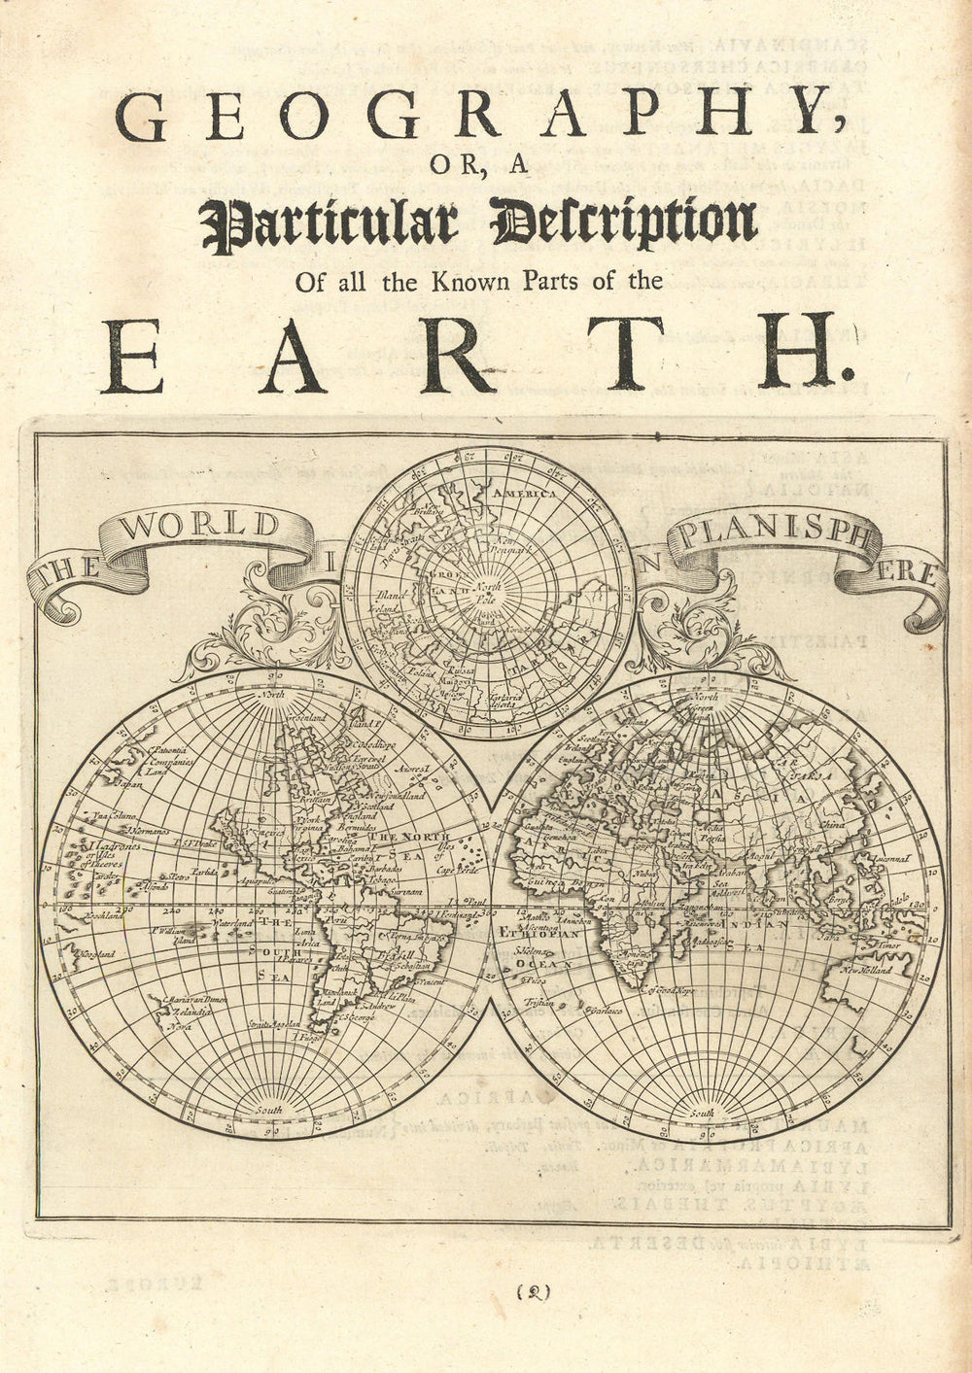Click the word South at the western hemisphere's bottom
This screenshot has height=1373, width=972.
(x=265, y=1110)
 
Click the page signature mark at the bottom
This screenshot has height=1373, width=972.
(x=534, y=1292)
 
